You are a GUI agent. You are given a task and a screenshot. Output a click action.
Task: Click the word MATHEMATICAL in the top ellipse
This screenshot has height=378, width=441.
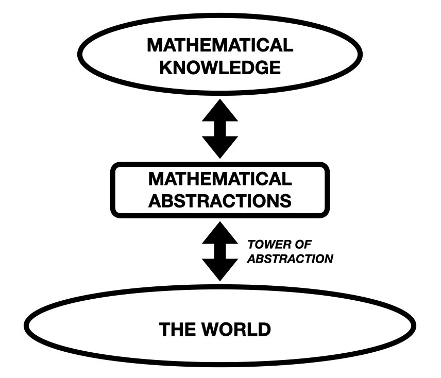pyautogui.click(x=220, y=45)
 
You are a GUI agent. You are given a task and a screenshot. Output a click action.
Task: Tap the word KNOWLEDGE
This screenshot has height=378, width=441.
pyautogui.click(x=220, y=67)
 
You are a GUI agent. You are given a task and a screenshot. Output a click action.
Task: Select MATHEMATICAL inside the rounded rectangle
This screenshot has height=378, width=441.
pyautogui.click(x=220, y=179)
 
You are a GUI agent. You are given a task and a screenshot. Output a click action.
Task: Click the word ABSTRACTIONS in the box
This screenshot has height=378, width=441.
pyautogui.click(x=220, y=201)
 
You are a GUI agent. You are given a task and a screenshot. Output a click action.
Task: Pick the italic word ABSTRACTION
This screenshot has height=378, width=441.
pyautogui.click(x=290, y=259)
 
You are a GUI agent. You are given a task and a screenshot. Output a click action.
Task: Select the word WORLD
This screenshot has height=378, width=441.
pyautogui.click(x=236, y=329)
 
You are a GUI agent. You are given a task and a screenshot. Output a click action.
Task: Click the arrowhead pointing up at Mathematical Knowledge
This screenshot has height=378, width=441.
pyautogui.click(x=220, y=110)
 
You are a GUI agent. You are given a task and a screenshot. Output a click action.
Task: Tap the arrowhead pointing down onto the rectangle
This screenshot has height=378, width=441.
pyautogui.click(x=220, y=147)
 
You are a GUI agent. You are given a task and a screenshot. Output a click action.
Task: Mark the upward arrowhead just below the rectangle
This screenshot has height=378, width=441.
pyautogui.click(x=220, y=233)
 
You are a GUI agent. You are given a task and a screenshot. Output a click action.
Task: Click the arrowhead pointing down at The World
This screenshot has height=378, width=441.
pyautogui.click(x=220, y=270)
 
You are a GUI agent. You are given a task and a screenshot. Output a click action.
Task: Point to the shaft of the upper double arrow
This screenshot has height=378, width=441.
pyautogui.click(x=220, y=129)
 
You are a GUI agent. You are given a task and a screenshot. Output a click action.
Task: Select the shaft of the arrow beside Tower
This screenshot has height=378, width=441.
pyautogui.click(x=220, y=251)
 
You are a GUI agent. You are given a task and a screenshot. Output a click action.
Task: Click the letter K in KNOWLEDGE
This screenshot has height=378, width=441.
pyautogui.click(x=166, y=67)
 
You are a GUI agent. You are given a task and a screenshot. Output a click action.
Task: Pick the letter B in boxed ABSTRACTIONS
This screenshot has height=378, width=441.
pyautogui.click(x=168, y=201)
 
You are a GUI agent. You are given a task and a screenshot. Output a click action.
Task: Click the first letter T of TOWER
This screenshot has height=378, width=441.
pyautogui.click(x=252, y=245)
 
